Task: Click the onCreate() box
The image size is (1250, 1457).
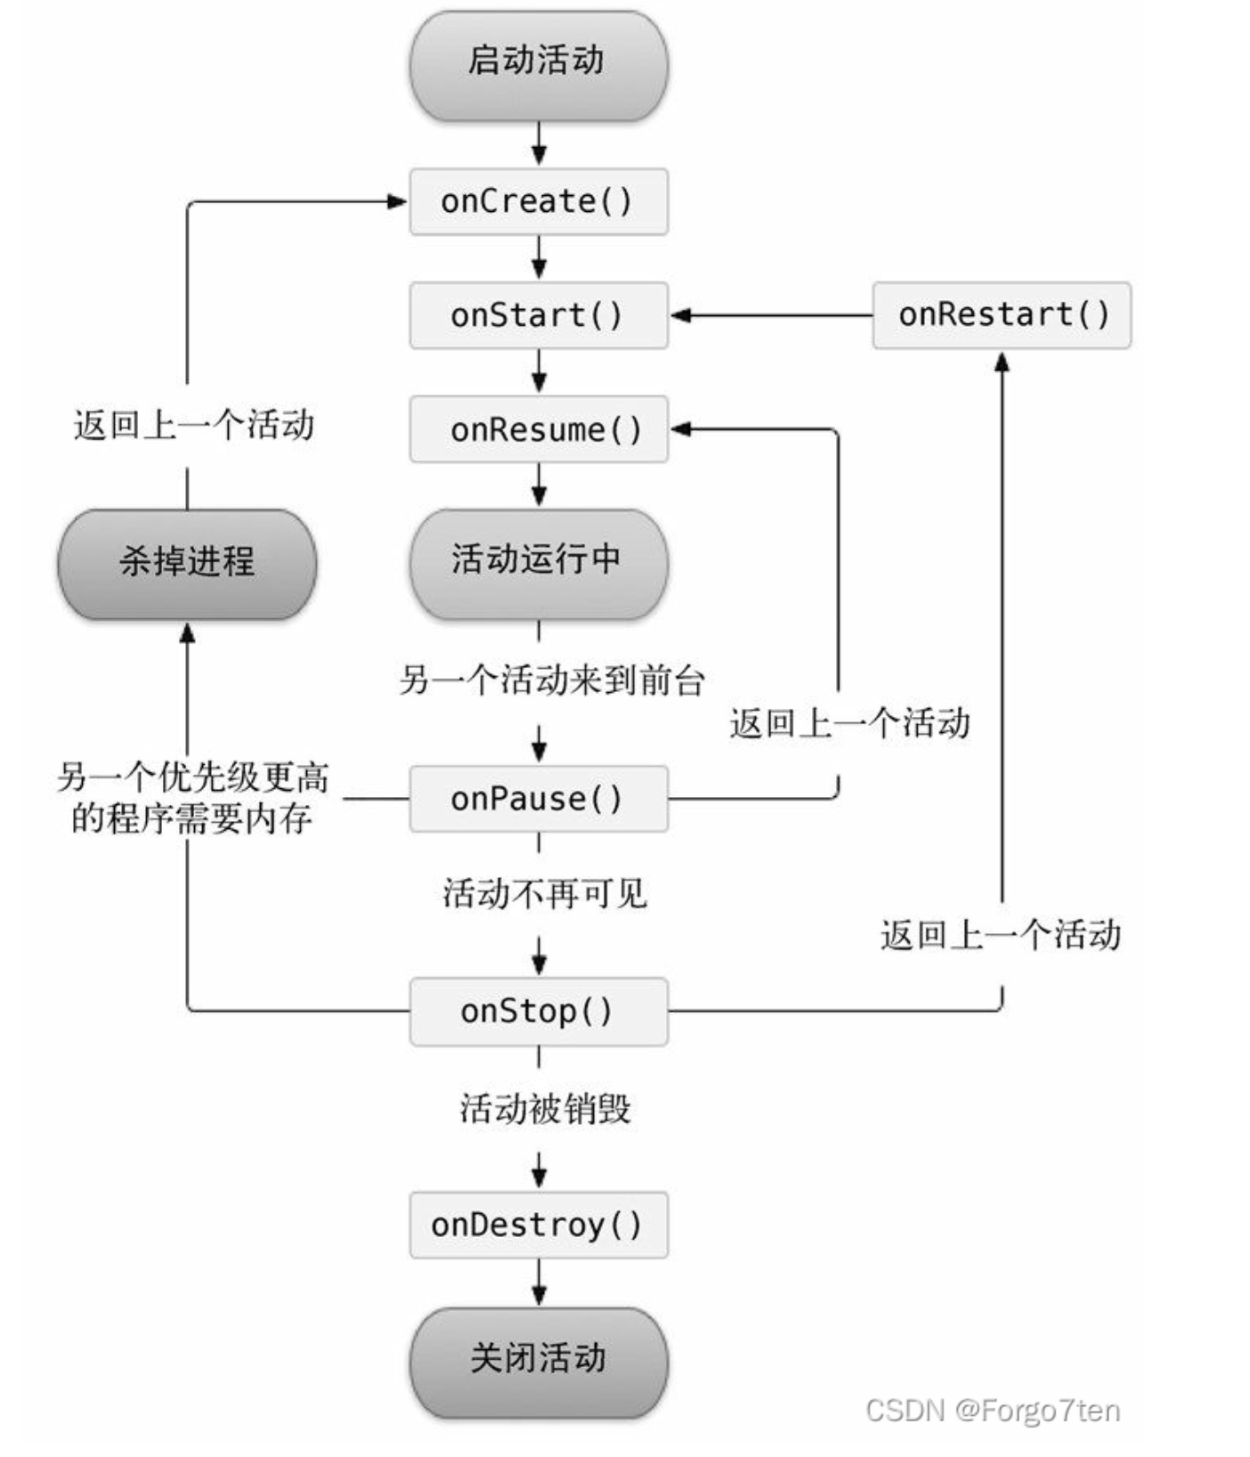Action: (538, 201)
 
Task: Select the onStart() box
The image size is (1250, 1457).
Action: (538, 315)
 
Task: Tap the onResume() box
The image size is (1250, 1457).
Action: (538, 429)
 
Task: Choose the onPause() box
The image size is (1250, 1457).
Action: (538, 799)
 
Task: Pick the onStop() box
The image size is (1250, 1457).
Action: (538, 1011)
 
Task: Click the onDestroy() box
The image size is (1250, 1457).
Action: (538, 1225)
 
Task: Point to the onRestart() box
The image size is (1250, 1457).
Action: (1002, 315)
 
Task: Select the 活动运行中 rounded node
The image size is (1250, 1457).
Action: (538, 561)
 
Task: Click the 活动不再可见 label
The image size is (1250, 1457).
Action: (545, 893)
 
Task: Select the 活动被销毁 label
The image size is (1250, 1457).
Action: (545, 1109)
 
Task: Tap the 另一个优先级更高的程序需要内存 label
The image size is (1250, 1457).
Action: (192, 798)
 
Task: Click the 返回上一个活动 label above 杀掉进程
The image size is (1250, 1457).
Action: (194, 425)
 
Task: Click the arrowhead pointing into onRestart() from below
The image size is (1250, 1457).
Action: (1002, 362)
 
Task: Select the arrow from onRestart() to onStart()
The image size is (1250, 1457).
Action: (770, 315)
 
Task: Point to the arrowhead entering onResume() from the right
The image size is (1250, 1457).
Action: (681, 429)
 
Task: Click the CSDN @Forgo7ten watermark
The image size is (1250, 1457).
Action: (992, 1410)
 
